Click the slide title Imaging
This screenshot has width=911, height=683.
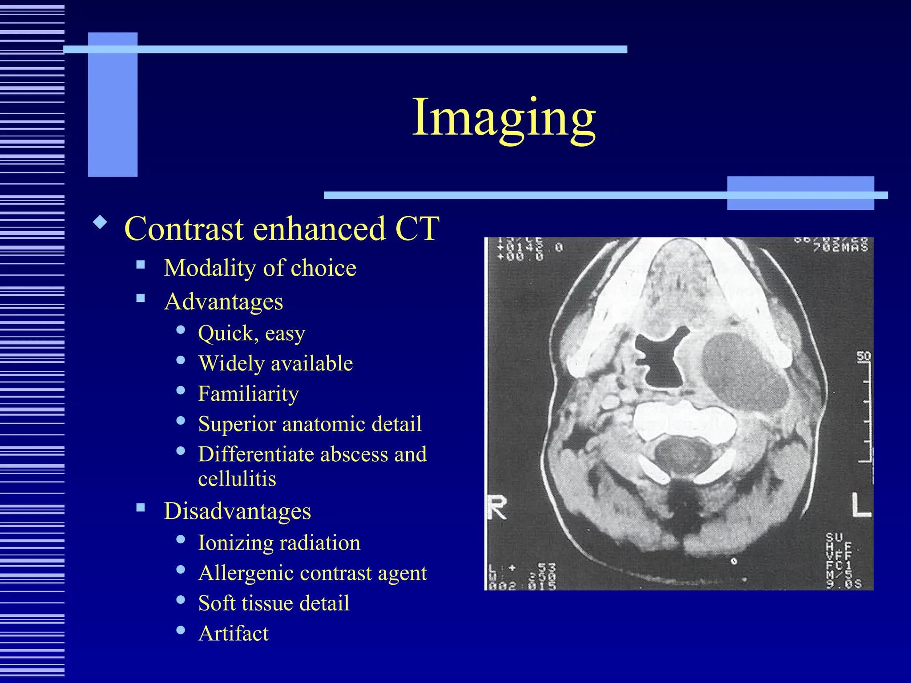tap(504, 118)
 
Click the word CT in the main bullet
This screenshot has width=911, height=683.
tap(417, 229)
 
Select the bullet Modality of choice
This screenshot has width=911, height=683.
tap(260, 268)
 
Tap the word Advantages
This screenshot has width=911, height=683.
tap(223, 302)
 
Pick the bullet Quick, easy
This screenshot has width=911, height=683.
tap(251, 333)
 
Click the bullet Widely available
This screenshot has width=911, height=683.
tap(275, 364)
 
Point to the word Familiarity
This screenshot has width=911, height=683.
tap(248, 394)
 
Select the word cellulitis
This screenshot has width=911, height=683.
tap(237, 479)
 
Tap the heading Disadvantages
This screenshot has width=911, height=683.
tap(237, 511)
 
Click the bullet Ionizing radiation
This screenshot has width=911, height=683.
tap(279, 543)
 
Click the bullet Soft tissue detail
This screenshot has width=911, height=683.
tap(274, 603)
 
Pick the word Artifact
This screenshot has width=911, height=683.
tap(234, 634)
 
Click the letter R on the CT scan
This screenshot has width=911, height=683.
tap(497, 508)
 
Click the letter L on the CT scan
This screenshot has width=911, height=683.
tap(861, 506)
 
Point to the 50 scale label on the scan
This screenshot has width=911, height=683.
tap(863, 356)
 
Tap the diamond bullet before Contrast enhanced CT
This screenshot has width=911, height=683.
tap(100, 222)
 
